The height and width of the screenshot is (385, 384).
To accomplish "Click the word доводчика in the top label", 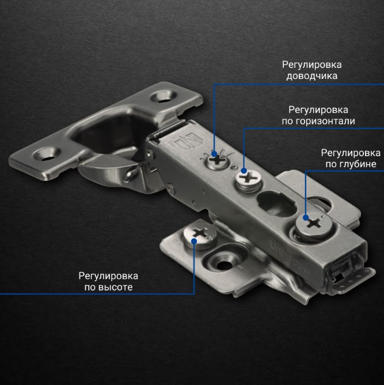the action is click(x=311, y=76).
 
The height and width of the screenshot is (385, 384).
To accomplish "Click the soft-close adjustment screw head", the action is click(x=217, y=161).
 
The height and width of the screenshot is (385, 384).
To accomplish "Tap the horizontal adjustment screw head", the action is click(x=248, y=178).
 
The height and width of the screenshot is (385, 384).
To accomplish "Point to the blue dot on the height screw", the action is click(x=194, y=241).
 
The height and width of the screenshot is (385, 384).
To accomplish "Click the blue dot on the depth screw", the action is click(x=306, y=217).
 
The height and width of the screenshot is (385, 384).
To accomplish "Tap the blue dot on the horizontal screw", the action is click(x=244, y=171).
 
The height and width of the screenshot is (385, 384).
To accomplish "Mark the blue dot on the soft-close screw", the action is click(x=214, y=154).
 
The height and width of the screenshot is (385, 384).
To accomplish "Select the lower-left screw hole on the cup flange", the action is click(x=47, y=154).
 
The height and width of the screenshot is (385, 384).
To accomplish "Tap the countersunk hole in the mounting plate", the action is click(x=223, y=264).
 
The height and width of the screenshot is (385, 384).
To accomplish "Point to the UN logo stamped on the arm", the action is click(x=188, y=141).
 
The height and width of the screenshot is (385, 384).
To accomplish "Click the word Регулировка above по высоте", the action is click(x=108, y=276).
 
